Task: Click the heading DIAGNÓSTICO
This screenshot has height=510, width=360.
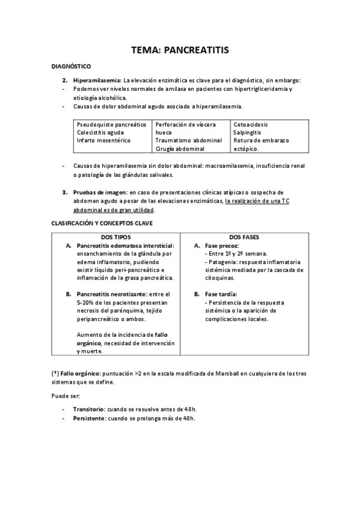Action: [x=71, y=67]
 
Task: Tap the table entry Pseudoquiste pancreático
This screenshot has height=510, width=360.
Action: [x=111, y=124]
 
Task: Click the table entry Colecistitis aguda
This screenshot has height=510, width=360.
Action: [x=100, y=132]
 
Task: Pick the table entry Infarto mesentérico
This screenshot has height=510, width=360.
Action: [x=103, y=140]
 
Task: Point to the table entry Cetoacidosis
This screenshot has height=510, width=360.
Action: [x=251, y=124]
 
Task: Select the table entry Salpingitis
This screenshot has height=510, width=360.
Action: [x=248, y=132]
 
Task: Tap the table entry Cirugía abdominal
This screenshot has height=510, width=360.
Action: [x=180, y=148]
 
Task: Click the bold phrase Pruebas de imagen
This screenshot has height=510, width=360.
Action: [x=100, y=192]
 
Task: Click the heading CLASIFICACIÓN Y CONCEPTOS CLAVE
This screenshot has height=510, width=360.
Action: [x=102, y=223]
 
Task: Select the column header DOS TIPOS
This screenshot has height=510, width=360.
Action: [x=116, y=237]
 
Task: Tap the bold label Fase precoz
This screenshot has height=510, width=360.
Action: [x=222, y=245]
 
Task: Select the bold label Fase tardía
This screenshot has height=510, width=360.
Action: [x=222, y=294]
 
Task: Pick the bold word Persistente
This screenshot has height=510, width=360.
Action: [x=88, y=418]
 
